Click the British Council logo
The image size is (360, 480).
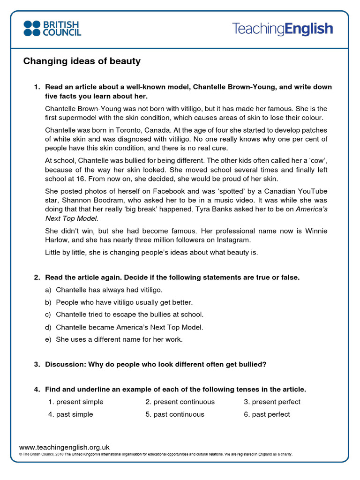[52, 28]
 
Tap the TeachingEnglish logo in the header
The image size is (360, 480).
[282, 29]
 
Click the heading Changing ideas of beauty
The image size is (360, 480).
[82, 61]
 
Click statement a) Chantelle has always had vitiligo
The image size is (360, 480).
[109, 290]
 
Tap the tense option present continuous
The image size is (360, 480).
[180, 402]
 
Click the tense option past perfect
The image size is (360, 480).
[267, 414]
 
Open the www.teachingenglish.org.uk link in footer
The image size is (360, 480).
[64, 448]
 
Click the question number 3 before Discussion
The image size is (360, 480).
[37, 364]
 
